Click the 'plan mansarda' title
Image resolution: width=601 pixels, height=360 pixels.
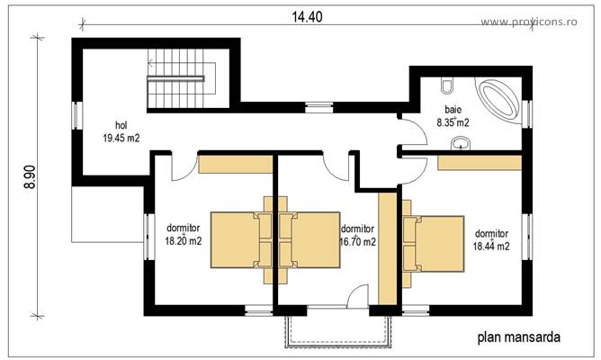pyautogui.click(x=518, y=338)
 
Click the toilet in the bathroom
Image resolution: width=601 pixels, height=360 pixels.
pyautogui.click(x=446, y=87)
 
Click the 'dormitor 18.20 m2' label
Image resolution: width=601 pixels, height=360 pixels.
pyautogui.click(x=183, y=235)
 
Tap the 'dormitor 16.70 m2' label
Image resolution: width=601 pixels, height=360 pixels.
pyautogui.click(x=357, y=235)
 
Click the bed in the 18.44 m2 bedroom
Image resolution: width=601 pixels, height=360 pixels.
pyautogui.click(x=433, y=243)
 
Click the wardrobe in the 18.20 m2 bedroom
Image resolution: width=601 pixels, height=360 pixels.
pyautogui.click(x=235, y=163)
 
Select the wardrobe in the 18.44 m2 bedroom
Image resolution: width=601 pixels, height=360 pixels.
pyautogui.click(x=480, y=162)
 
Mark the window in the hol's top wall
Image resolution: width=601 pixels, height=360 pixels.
pyautogui.click(x=318, y=106)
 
